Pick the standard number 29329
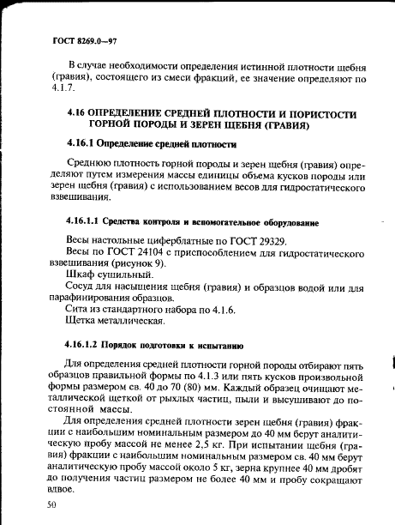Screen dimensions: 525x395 pos(265,242)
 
